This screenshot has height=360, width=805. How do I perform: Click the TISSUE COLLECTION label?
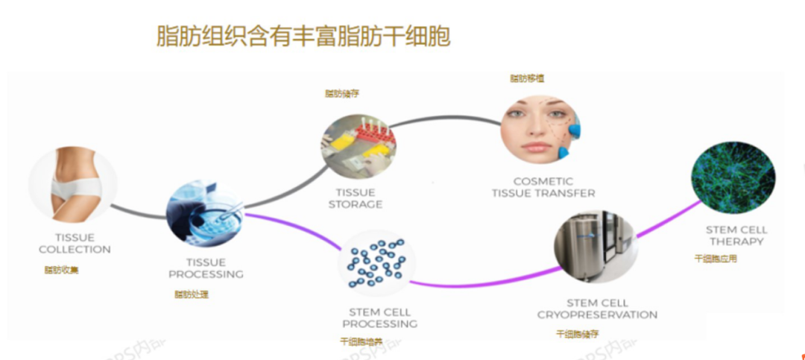tap(75, 244)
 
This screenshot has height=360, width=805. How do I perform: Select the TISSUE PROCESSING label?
tap(206, 268)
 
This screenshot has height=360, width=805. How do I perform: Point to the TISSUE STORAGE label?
tap(356, 198)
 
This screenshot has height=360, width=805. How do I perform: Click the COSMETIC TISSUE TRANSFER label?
tap(543, 187)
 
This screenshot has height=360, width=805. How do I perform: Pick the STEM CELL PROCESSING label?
tap(379, 318)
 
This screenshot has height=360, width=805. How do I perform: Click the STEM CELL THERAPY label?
tap(736, 236)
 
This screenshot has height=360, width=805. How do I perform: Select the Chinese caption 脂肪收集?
tap(61, 270)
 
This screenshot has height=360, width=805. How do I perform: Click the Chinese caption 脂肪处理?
tap(192, 294)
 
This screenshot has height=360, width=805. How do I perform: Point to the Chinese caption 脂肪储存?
tap(342, 94)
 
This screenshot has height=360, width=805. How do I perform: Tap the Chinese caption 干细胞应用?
tap(716, 259)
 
